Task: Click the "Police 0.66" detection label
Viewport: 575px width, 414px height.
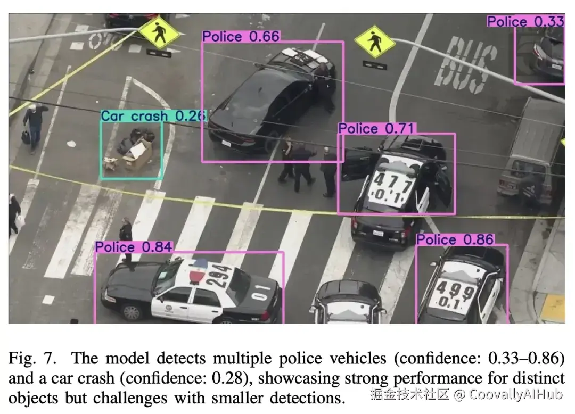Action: (241, 36)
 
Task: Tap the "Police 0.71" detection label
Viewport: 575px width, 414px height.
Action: (376, 128)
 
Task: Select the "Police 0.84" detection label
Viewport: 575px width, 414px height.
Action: (134, 247)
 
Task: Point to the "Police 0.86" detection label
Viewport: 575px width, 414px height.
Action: (455, 239)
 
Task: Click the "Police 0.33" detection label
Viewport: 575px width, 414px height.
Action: (525, 21)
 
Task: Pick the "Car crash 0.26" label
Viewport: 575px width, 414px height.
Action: (153, 116)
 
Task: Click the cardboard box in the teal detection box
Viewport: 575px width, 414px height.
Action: (139, 155)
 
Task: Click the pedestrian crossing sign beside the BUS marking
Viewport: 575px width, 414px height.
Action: (375, 42)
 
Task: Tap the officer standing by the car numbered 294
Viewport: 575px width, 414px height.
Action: (126, 239)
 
